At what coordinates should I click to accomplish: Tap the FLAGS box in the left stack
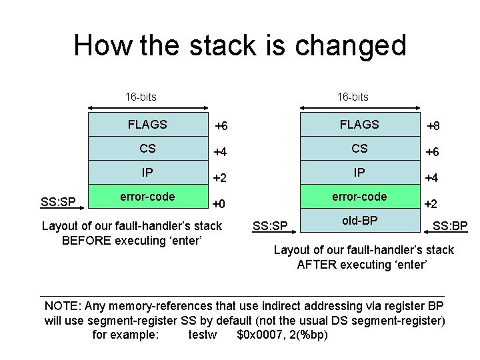coord(148,124)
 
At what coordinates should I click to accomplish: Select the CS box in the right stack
coord(359,148)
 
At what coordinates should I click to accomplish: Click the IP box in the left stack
coord(148,173)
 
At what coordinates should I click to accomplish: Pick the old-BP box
coord(360,220)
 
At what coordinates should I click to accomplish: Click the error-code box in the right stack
coord(360,197)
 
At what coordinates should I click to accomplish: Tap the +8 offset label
coord(433,126)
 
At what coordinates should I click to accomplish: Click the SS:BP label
coord(450,227)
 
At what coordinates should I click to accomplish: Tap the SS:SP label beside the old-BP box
coord(270,227)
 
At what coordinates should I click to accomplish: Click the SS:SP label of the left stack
coord(58,201)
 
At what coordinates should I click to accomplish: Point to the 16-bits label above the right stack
coord(353,97)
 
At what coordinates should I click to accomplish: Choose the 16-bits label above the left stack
coord(141,97)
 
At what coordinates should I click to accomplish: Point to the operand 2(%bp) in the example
coord(307,335)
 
